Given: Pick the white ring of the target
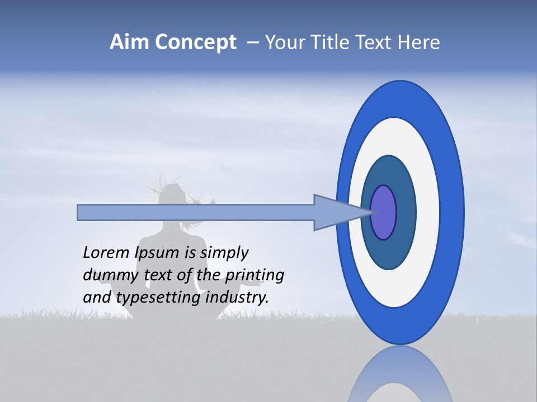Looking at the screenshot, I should pos(427,213).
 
